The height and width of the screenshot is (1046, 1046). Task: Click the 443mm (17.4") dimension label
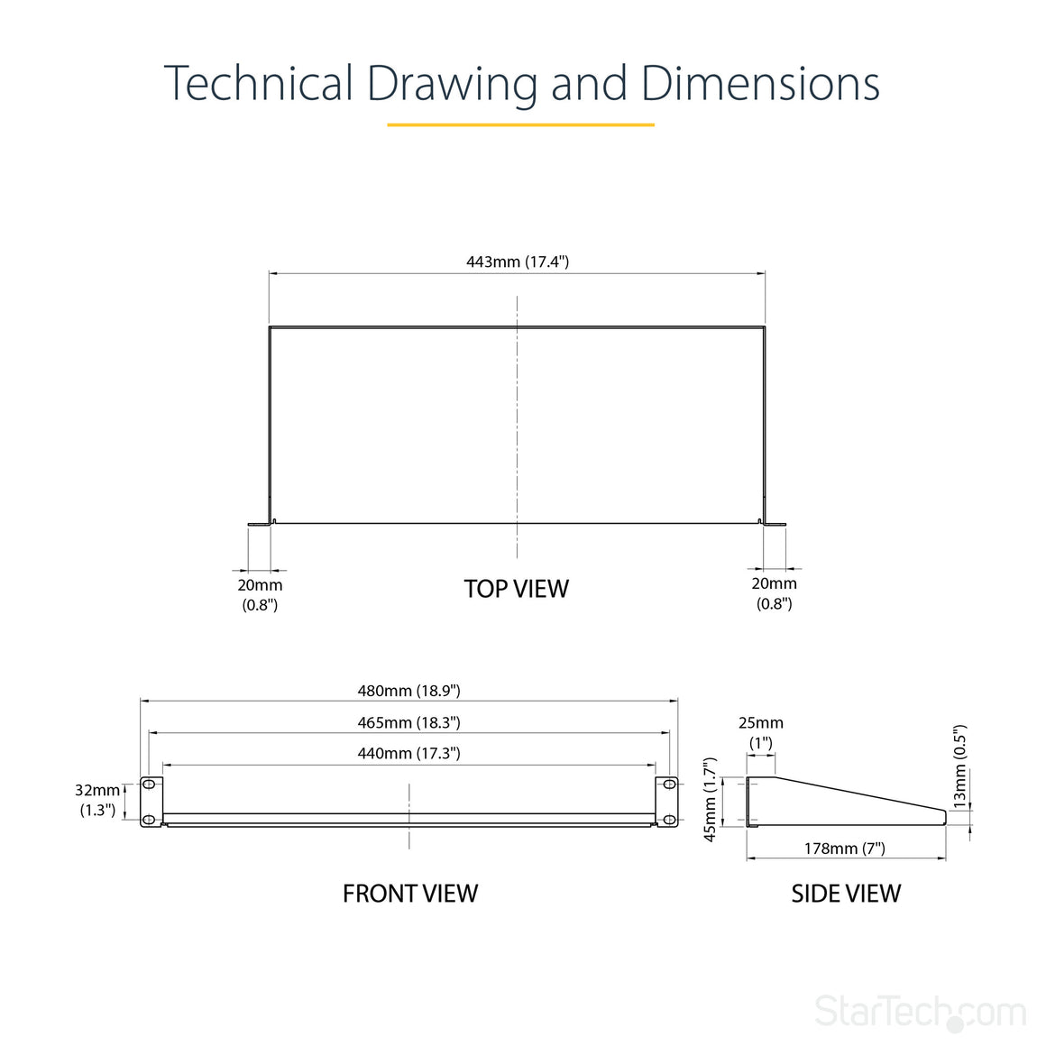[x=517, y=261]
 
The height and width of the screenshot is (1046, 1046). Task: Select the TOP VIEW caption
[x=517, y=589]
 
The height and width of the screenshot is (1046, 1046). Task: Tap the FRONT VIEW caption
[x=410, y=894]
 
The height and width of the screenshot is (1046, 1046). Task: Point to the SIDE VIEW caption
[x=846, y=894]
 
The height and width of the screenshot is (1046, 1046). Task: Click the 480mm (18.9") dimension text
[x=408, y=691]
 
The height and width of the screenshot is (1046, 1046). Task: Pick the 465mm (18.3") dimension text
[x=408, y=722]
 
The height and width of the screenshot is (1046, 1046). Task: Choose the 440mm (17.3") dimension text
[x=408, y=753]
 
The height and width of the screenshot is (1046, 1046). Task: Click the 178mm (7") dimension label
[x=845, y=849]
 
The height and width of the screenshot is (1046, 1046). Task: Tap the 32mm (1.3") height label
[x=97, y=800]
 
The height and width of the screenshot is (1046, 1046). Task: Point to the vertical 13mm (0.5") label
[x=959, y=766]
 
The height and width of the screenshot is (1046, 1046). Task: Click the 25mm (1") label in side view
[x=760, y=732]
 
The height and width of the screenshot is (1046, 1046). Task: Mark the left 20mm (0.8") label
[x=261, y=595]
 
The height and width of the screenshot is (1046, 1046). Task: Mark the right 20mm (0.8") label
[x=774, y=593]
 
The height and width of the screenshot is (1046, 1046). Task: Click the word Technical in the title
[x=258, y=83]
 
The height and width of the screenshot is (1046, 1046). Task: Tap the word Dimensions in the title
[x=760, y=83]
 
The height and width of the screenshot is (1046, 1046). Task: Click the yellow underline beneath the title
[x=521, y=124]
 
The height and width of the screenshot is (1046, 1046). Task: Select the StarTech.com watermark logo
[x=920, y=1012]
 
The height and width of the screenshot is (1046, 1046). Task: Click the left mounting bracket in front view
[x=151, y=801]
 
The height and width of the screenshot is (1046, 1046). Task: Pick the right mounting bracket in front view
[x=666, y=801]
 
